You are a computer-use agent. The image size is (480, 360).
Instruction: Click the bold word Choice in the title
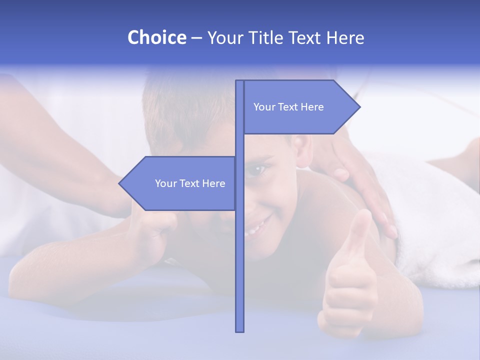point(156,37)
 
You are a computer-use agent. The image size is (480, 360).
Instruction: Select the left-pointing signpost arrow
point(180,183)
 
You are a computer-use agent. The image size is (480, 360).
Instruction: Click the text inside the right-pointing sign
point(288,107)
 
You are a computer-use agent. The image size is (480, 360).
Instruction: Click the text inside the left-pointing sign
point(190,183)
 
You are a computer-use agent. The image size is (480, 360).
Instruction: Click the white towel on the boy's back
point(435,225)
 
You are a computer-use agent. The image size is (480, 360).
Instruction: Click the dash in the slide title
point(196,38)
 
